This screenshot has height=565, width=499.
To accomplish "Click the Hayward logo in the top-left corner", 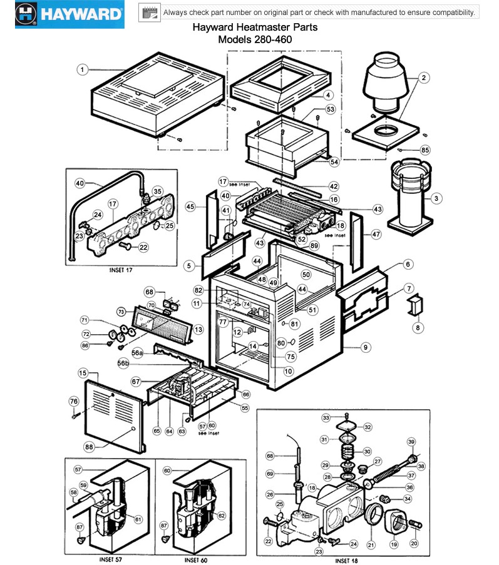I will coord(63,14).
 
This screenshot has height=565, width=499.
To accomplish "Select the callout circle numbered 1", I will coord(82,69).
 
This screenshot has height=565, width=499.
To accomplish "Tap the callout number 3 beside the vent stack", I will coord(437,198).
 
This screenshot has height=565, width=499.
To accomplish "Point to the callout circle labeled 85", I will coord(425,150).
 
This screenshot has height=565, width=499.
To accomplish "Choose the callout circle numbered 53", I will coord(331,109).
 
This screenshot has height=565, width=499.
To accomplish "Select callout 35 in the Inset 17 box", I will coord(157,191).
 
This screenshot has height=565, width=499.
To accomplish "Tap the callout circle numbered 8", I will coord(418,327).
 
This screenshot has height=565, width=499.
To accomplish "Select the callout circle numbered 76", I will coord(73,401).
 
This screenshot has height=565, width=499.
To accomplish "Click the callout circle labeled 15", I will coord(83,372).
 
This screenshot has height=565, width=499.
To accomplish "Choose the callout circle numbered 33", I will coord(326,417).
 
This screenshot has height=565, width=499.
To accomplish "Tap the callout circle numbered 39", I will coord(411,442).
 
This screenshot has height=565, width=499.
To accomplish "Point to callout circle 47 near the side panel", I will coord(376,234).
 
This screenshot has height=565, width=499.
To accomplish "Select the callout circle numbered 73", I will coord(122,311).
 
